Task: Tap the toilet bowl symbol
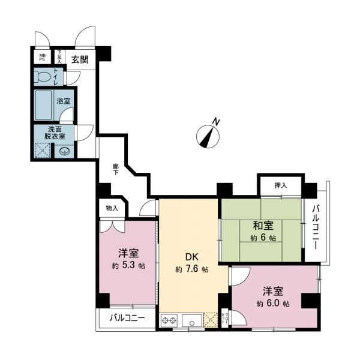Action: coord(44,77)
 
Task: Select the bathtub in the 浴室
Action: coord(44,105)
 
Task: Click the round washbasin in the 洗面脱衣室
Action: coord(64,151)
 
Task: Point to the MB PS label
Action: coord(42,58)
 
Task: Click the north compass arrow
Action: coord(209,134)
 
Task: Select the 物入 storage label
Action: coord(112,208)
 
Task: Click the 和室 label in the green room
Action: coord(263,226)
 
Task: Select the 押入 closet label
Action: coord(281,186)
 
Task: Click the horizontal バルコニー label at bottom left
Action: coord(127,318)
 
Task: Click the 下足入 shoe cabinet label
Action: coord(59,56)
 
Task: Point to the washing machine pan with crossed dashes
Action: coord(43,151)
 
